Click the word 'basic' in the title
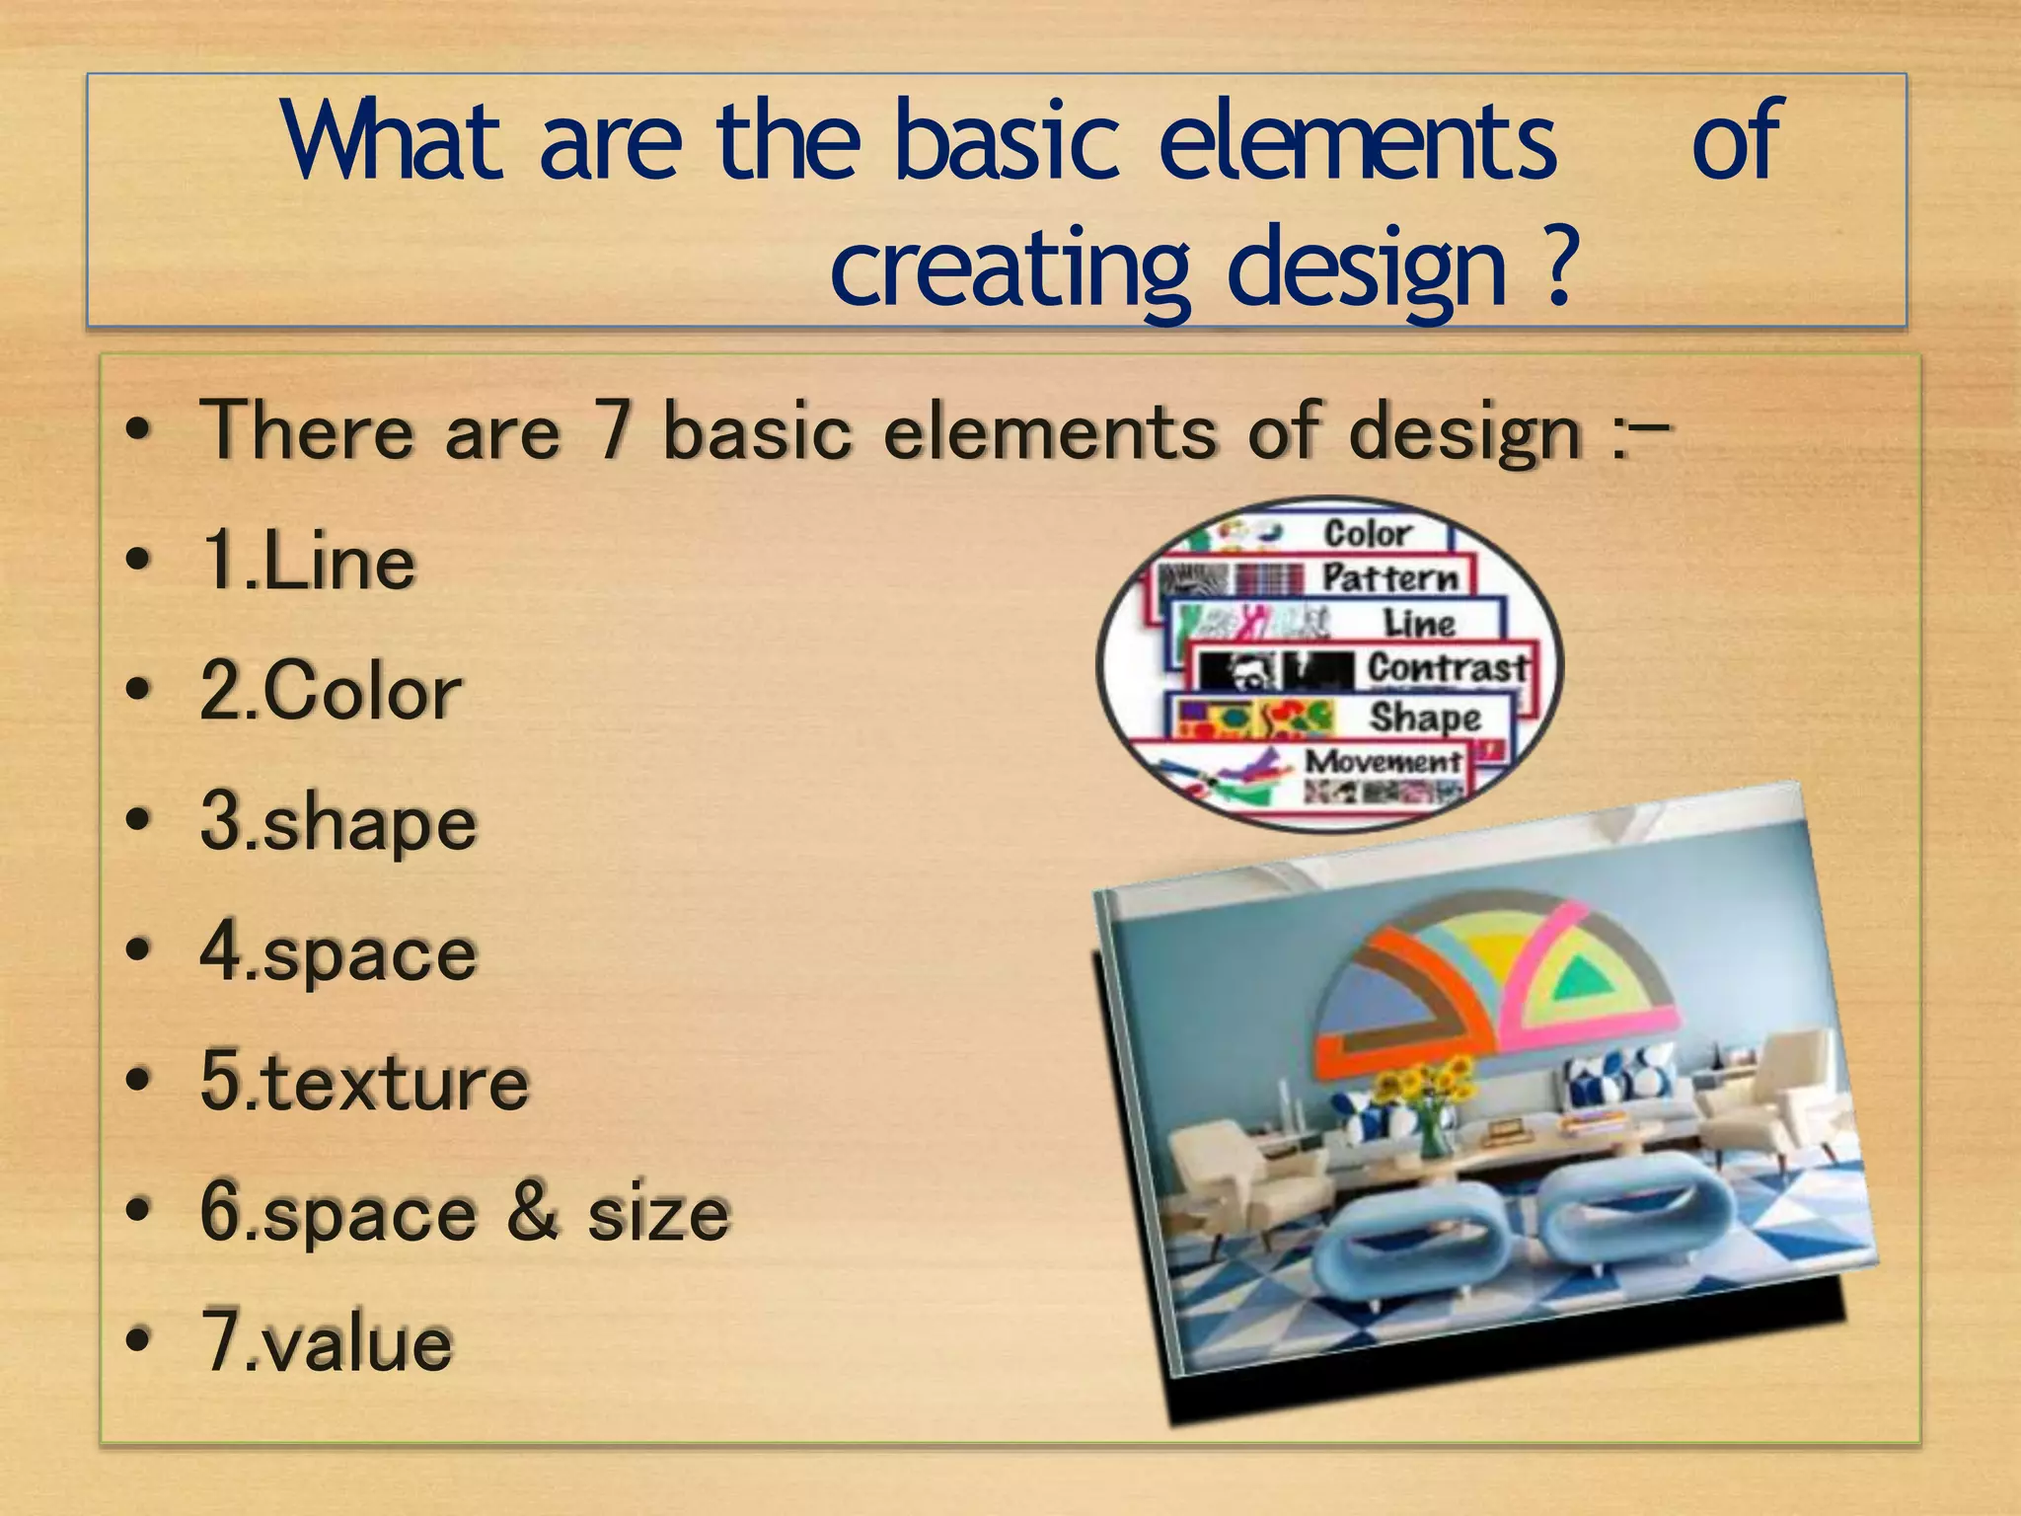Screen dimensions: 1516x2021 click(1007, 143)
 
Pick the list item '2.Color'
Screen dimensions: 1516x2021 click(331, 691)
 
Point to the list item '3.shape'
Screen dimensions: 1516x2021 click(338, 821)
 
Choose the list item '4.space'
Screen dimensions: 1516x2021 click(338, 951)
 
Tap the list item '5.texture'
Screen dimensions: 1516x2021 click(364, 1082)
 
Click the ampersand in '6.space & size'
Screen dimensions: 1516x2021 click(533, 1212)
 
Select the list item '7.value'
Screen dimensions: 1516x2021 click(327, 1342)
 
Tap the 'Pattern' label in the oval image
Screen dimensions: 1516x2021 click(1389, 577)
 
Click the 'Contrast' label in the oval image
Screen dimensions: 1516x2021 click(1447, 668)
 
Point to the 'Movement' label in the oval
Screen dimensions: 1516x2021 click(1383, 761)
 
